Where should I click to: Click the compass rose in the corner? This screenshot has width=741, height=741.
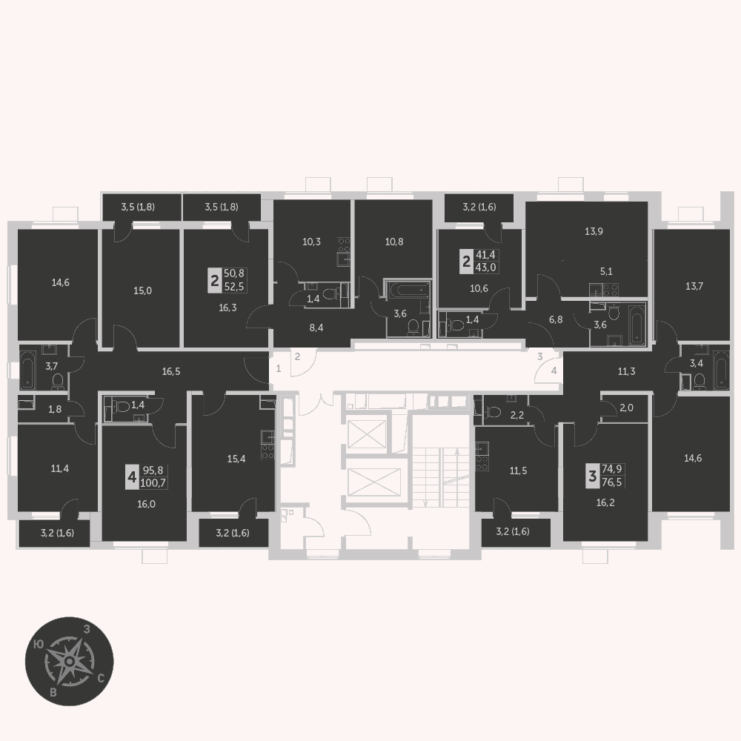click(69, 661)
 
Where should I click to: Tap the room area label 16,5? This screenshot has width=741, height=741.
click(171, 371)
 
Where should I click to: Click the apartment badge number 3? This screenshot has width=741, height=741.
click(593, 476)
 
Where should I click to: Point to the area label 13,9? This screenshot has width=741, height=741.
click(594, 231)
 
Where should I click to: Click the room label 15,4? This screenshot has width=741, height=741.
click(236, 459)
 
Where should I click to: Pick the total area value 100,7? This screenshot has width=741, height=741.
click(153, 483)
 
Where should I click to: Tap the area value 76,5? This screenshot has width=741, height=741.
click(613, 482)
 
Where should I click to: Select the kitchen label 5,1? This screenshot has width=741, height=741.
click(606, 272)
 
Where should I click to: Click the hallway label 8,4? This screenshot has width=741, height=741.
click(316, 328)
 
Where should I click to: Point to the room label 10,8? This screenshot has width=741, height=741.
click(394, 242)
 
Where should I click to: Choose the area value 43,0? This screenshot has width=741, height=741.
click(486, 267)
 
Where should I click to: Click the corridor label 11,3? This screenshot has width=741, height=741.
click(627, 372)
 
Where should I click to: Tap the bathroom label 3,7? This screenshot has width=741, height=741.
click(52, 365)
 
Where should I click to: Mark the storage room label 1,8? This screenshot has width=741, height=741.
click(55, 409)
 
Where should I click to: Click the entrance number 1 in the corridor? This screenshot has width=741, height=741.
click(279, 368)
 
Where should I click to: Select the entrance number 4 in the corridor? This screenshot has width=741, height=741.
click(554, 371)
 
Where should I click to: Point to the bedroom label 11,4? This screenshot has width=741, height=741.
click(60, 469)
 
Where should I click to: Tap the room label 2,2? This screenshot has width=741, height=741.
click(517, 416)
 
